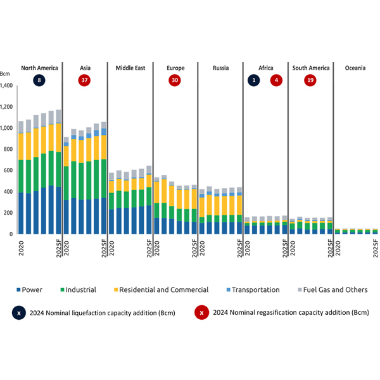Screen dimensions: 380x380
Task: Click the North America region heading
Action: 40,67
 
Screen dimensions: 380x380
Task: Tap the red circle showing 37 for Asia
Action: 84,80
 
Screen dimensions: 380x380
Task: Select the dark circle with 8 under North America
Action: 40,80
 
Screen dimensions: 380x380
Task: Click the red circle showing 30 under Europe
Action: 175,80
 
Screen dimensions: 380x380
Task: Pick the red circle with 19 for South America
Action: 310,80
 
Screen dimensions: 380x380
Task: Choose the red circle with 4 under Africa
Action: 276,80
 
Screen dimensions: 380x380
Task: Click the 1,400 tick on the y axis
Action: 8,85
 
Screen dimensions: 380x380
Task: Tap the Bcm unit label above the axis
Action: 6,75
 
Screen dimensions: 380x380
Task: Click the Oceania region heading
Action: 355,67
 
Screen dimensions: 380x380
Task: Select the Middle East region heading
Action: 130,67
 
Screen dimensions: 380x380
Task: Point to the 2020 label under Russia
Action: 202,246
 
